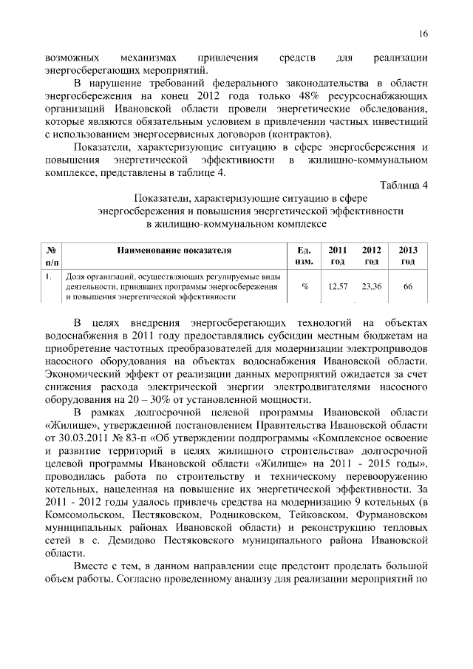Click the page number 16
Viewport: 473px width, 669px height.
[x=423, y=33]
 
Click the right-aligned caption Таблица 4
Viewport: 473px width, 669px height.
[x=404, y=185]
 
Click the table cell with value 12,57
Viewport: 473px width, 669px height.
[x=338, y=286]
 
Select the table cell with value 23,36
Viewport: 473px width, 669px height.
[x=372, y=286]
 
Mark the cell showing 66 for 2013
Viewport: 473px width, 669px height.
[x=408, y=286]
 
